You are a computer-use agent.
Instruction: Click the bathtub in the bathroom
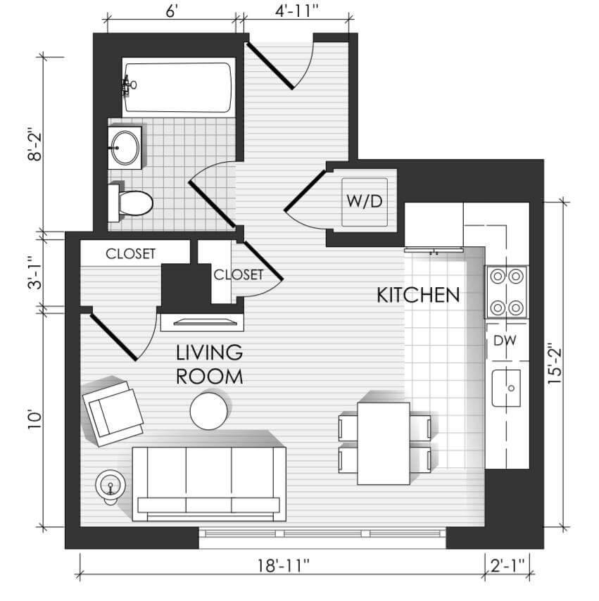[x=179, y=87]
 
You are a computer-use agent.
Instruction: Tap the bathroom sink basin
[x=125, y=147]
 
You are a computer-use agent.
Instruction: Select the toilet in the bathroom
[x=131, y=203]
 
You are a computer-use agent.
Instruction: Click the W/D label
[x=365, y=201]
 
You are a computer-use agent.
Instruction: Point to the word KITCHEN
[x=418, y=295]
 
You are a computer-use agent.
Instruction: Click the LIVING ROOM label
[x=209, y=364]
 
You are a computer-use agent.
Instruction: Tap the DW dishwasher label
[x=505, y=341]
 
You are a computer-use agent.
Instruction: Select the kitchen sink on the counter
[x=507, y=388]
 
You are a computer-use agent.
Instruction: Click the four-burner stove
[x=507, y=291]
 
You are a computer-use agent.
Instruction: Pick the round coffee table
[x=209, y=411]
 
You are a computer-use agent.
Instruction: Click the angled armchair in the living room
[x=113, y=413]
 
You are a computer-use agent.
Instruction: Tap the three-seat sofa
[x=209, y=483]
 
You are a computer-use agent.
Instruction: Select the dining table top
[x=384, y=443]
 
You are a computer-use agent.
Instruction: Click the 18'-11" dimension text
[x=284, y=565]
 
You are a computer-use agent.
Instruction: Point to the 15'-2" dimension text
[x=555, y=363]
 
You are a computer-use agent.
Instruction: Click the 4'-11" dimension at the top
[x=297, y=11]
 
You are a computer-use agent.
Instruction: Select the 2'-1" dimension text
[x=507, y=565]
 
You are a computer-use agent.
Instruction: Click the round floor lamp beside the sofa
[x=111, y=486]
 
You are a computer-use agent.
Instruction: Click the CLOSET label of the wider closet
[x=130, y=254]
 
